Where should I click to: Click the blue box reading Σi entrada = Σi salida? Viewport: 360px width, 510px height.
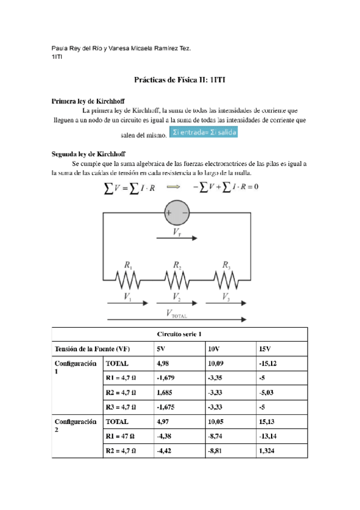(203, 132)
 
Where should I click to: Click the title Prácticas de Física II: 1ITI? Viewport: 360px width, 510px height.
(179, 79)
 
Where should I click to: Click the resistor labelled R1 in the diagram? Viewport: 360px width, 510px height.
(127, 279)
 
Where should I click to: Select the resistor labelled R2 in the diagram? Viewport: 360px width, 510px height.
(177, 279)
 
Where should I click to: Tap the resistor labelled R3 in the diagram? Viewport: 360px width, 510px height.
(226, 279)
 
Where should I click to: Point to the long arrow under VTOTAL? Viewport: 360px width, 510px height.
(177, 319)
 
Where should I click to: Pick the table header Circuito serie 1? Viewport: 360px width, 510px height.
(180, 334)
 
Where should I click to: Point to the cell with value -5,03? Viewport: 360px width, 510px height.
(267, 392)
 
